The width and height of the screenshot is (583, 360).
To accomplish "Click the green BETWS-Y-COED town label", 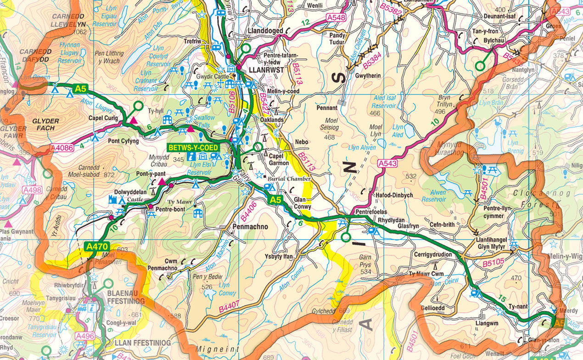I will coord(193,148).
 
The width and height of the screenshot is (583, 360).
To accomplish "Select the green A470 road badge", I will coord(96,247).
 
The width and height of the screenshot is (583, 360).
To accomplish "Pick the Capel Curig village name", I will coord(104,118).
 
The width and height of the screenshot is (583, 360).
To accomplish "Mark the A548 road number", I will coord(336,17).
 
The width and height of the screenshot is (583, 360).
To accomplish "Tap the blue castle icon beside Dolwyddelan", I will coord(112,199).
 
